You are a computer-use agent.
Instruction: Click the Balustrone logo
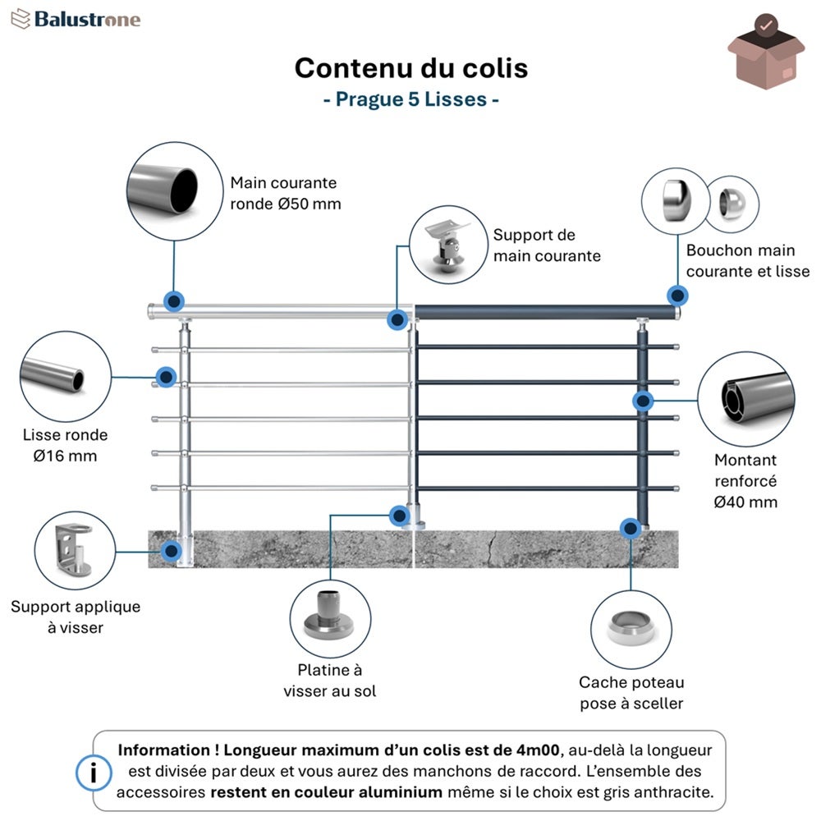coord(76,20)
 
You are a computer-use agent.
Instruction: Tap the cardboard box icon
coord(765,52)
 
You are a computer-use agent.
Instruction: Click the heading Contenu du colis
coord(411,68)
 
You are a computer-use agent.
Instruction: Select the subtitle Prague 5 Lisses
coord(411,99)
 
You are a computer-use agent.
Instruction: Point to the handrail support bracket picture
coord(448,245)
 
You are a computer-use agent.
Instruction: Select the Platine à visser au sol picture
coord(330,619)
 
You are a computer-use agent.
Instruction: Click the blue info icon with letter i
coord(94,773)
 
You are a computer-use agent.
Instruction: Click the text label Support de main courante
coord(547,245)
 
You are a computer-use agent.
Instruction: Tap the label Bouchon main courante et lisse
coord(748,261)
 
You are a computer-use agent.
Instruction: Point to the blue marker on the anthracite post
coord(643,401)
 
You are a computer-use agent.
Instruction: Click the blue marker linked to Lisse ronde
coord(166,377)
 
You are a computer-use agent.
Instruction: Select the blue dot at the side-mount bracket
coord(172,551)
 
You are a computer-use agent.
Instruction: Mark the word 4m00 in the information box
coord(538,750)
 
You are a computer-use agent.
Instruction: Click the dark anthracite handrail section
coord(545,313)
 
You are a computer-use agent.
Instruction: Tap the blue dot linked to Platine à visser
coord(400,516)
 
